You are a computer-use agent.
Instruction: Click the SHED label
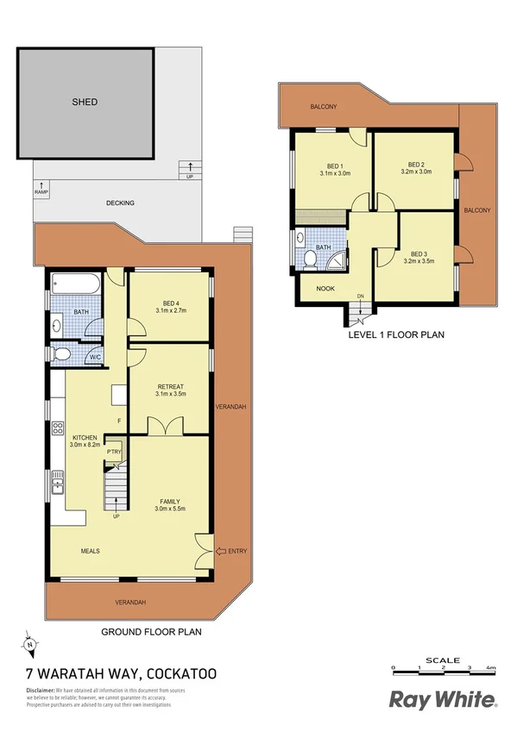click(85, 102)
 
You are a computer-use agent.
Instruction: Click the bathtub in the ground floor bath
click(75, 284)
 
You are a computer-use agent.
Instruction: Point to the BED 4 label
click(169, 303)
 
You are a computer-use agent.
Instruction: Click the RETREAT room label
click(170, 386)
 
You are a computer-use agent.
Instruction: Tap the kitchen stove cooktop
click(59, 428)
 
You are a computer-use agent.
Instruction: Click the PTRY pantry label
click(113, 452)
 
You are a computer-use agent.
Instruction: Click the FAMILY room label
click(170, 500)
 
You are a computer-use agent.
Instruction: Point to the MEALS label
click(91, 550)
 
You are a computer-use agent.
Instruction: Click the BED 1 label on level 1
click(335, 166)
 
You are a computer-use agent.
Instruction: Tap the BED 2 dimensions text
click(416, 172)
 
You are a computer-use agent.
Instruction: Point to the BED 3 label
click(419, 254)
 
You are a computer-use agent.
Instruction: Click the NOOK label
click(325, 289)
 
